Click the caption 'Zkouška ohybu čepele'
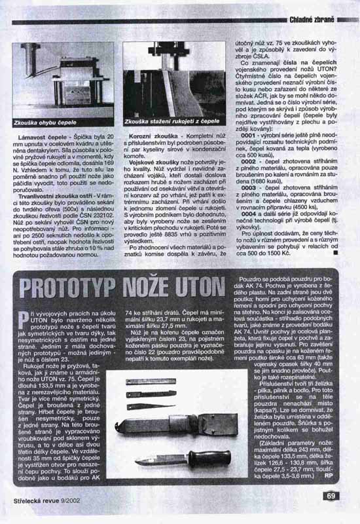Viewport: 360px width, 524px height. click(x=44, y=122)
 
